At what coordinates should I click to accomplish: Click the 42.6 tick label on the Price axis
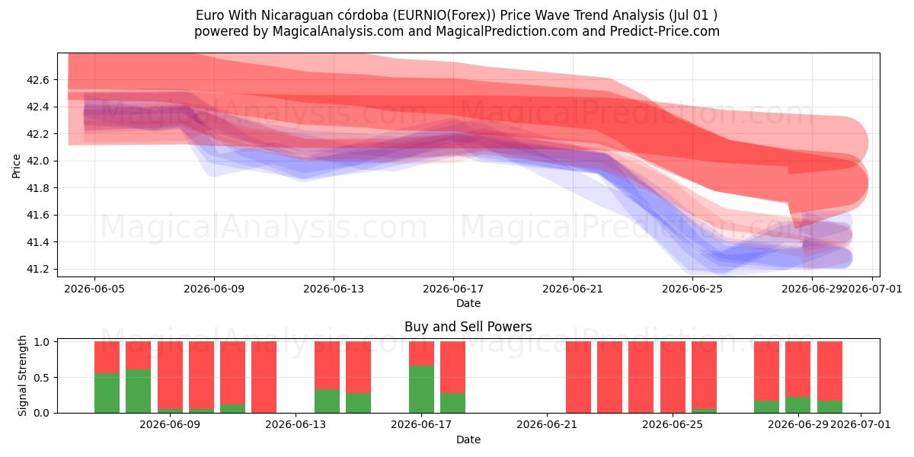click(x=37, y=80)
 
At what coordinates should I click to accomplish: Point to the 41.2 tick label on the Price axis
click(x=37, y=270)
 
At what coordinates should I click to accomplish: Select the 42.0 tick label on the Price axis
click(x=37, y=161)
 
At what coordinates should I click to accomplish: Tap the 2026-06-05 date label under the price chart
click(x=94, y=289)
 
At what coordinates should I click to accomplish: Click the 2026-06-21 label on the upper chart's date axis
click(x=573, y=289)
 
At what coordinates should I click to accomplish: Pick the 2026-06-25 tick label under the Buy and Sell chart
click(x=673, y=425)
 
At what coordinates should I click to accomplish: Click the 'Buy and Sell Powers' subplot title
click(x=468, y=327)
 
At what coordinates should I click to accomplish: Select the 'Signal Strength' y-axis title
click(x=22, y=376)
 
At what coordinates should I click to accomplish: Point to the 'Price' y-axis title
click(x=16, y=166)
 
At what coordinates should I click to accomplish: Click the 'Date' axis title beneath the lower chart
click(x=468, y=439)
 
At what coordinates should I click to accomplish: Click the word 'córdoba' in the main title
click(x=363, y=15)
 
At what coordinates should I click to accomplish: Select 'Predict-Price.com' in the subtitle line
click(x=665, y=31)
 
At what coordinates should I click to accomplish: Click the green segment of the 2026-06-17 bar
click(x=421, y=389)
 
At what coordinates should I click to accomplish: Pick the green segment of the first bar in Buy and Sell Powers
click(x=107, y=393)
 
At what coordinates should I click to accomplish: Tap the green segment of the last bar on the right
click(x=829, y=407)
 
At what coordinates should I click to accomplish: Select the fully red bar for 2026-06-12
click(x=264, y=377)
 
